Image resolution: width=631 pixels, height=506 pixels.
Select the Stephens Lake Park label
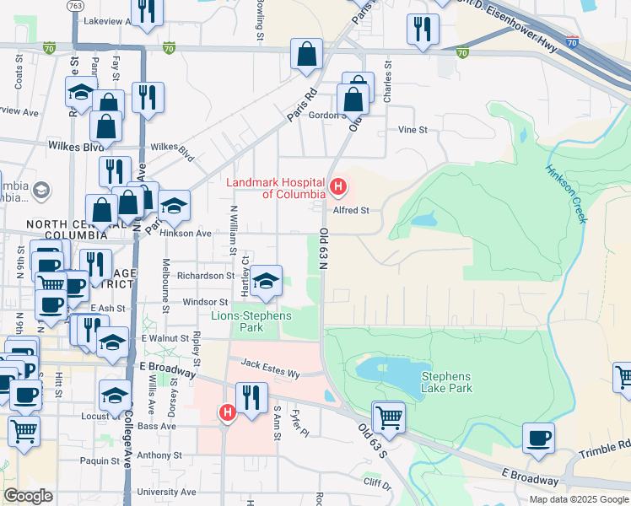coord(447,383)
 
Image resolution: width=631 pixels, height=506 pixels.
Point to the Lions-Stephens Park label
coord(251,321)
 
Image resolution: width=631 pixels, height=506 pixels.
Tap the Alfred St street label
coord(351,211)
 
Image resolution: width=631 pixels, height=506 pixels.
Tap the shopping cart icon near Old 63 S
coord(388,415)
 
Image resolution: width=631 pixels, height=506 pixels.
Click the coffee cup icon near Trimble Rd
coord(539,438)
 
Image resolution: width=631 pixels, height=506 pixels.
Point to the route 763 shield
coord(76,5)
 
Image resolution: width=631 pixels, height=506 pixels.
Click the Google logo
coord(28,495)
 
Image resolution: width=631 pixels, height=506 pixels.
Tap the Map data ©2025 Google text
coord(578,499)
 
